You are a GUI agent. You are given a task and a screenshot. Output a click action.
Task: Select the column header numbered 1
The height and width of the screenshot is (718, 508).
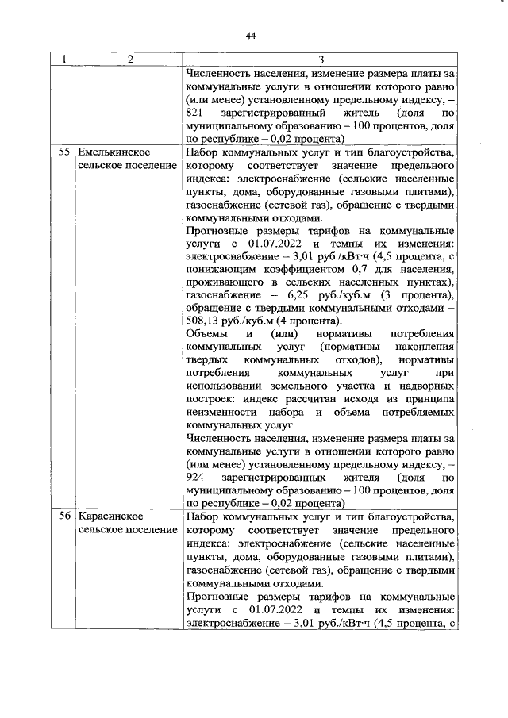[x=64, y=60]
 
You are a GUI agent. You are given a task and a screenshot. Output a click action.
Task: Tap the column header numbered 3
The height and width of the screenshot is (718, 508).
[x=320, y=60]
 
